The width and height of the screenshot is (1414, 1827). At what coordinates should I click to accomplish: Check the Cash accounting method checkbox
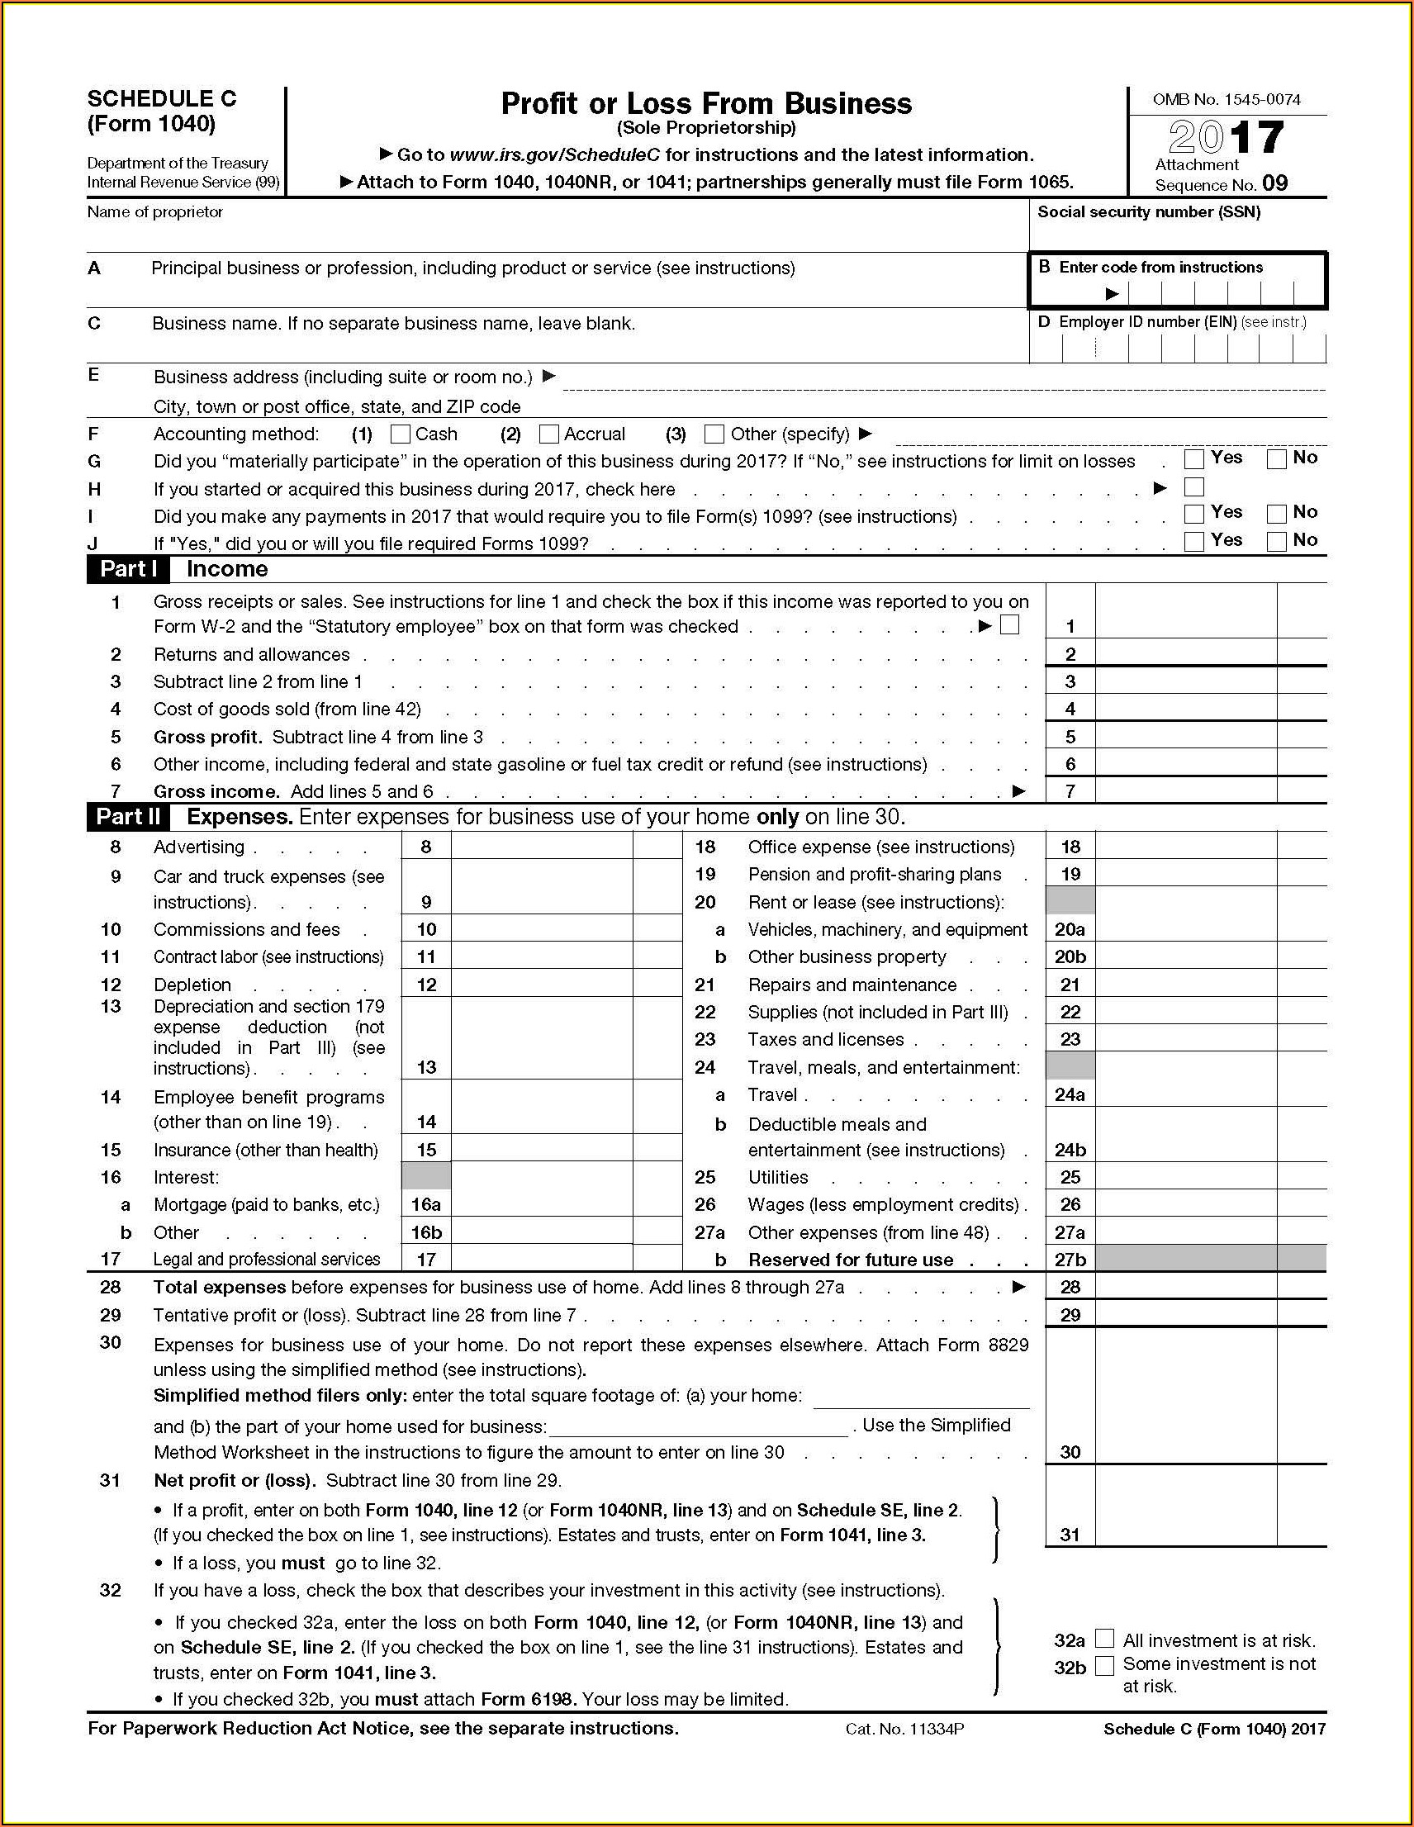401,434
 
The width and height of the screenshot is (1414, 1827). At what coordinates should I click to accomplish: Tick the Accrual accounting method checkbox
549,434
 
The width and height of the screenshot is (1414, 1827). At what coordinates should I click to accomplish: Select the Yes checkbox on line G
1194,459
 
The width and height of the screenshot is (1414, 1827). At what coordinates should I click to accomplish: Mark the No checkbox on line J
1276,541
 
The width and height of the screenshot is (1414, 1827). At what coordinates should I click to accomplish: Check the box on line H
1194,486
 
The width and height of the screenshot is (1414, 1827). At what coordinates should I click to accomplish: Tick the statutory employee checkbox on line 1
1010,626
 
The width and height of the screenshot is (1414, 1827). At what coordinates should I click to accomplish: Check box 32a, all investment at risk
1104,1639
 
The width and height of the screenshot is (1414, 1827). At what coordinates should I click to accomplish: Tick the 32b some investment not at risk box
1104,1666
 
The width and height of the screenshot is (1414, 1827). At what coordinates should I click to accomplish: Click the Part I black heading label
128,570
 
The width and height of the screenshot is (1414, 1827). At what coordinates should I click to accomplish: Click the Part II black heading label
128,818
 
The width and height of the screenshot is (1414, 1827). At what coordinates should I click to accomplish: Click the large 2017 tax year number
1226,137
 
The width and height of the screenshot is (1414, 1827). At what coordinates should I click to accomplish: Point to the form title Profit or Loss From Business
706,104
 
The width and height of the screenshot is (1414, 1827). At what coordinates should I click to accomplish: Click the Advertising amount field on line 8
541,847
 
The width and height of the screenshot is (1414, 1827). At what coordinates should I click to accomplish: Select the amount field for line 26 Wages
1185,1204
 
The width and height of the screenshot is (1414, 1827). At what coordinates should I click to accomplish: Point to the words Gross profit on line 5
207,738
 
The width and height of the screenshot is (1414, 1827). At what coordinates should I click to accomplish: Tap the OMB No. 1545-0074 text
1226,100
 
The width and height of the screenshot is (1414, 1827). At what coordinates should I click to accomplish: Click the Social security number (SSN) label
1149,212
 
